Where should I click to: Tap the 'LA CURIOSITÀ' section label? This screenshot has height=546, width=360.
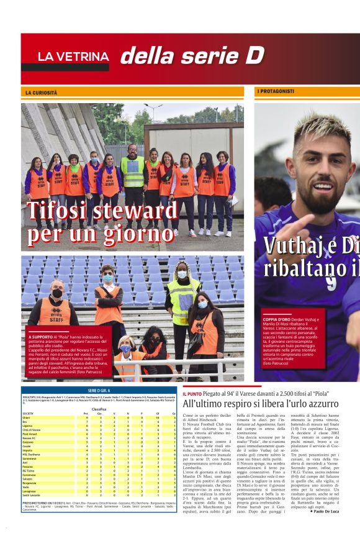42,93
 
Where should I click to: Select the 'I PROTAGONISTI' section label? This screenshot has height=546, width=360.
276,92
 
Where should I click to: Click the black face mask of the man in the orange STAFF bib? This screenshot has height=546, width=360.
58,293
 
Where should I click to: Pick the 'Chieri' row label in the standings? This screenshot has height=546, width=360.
28,417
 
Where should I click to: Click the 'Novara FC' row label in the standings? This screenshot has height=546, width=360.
31,438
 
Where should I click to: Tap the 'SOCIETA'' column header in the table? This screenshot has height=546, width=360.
29,413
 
